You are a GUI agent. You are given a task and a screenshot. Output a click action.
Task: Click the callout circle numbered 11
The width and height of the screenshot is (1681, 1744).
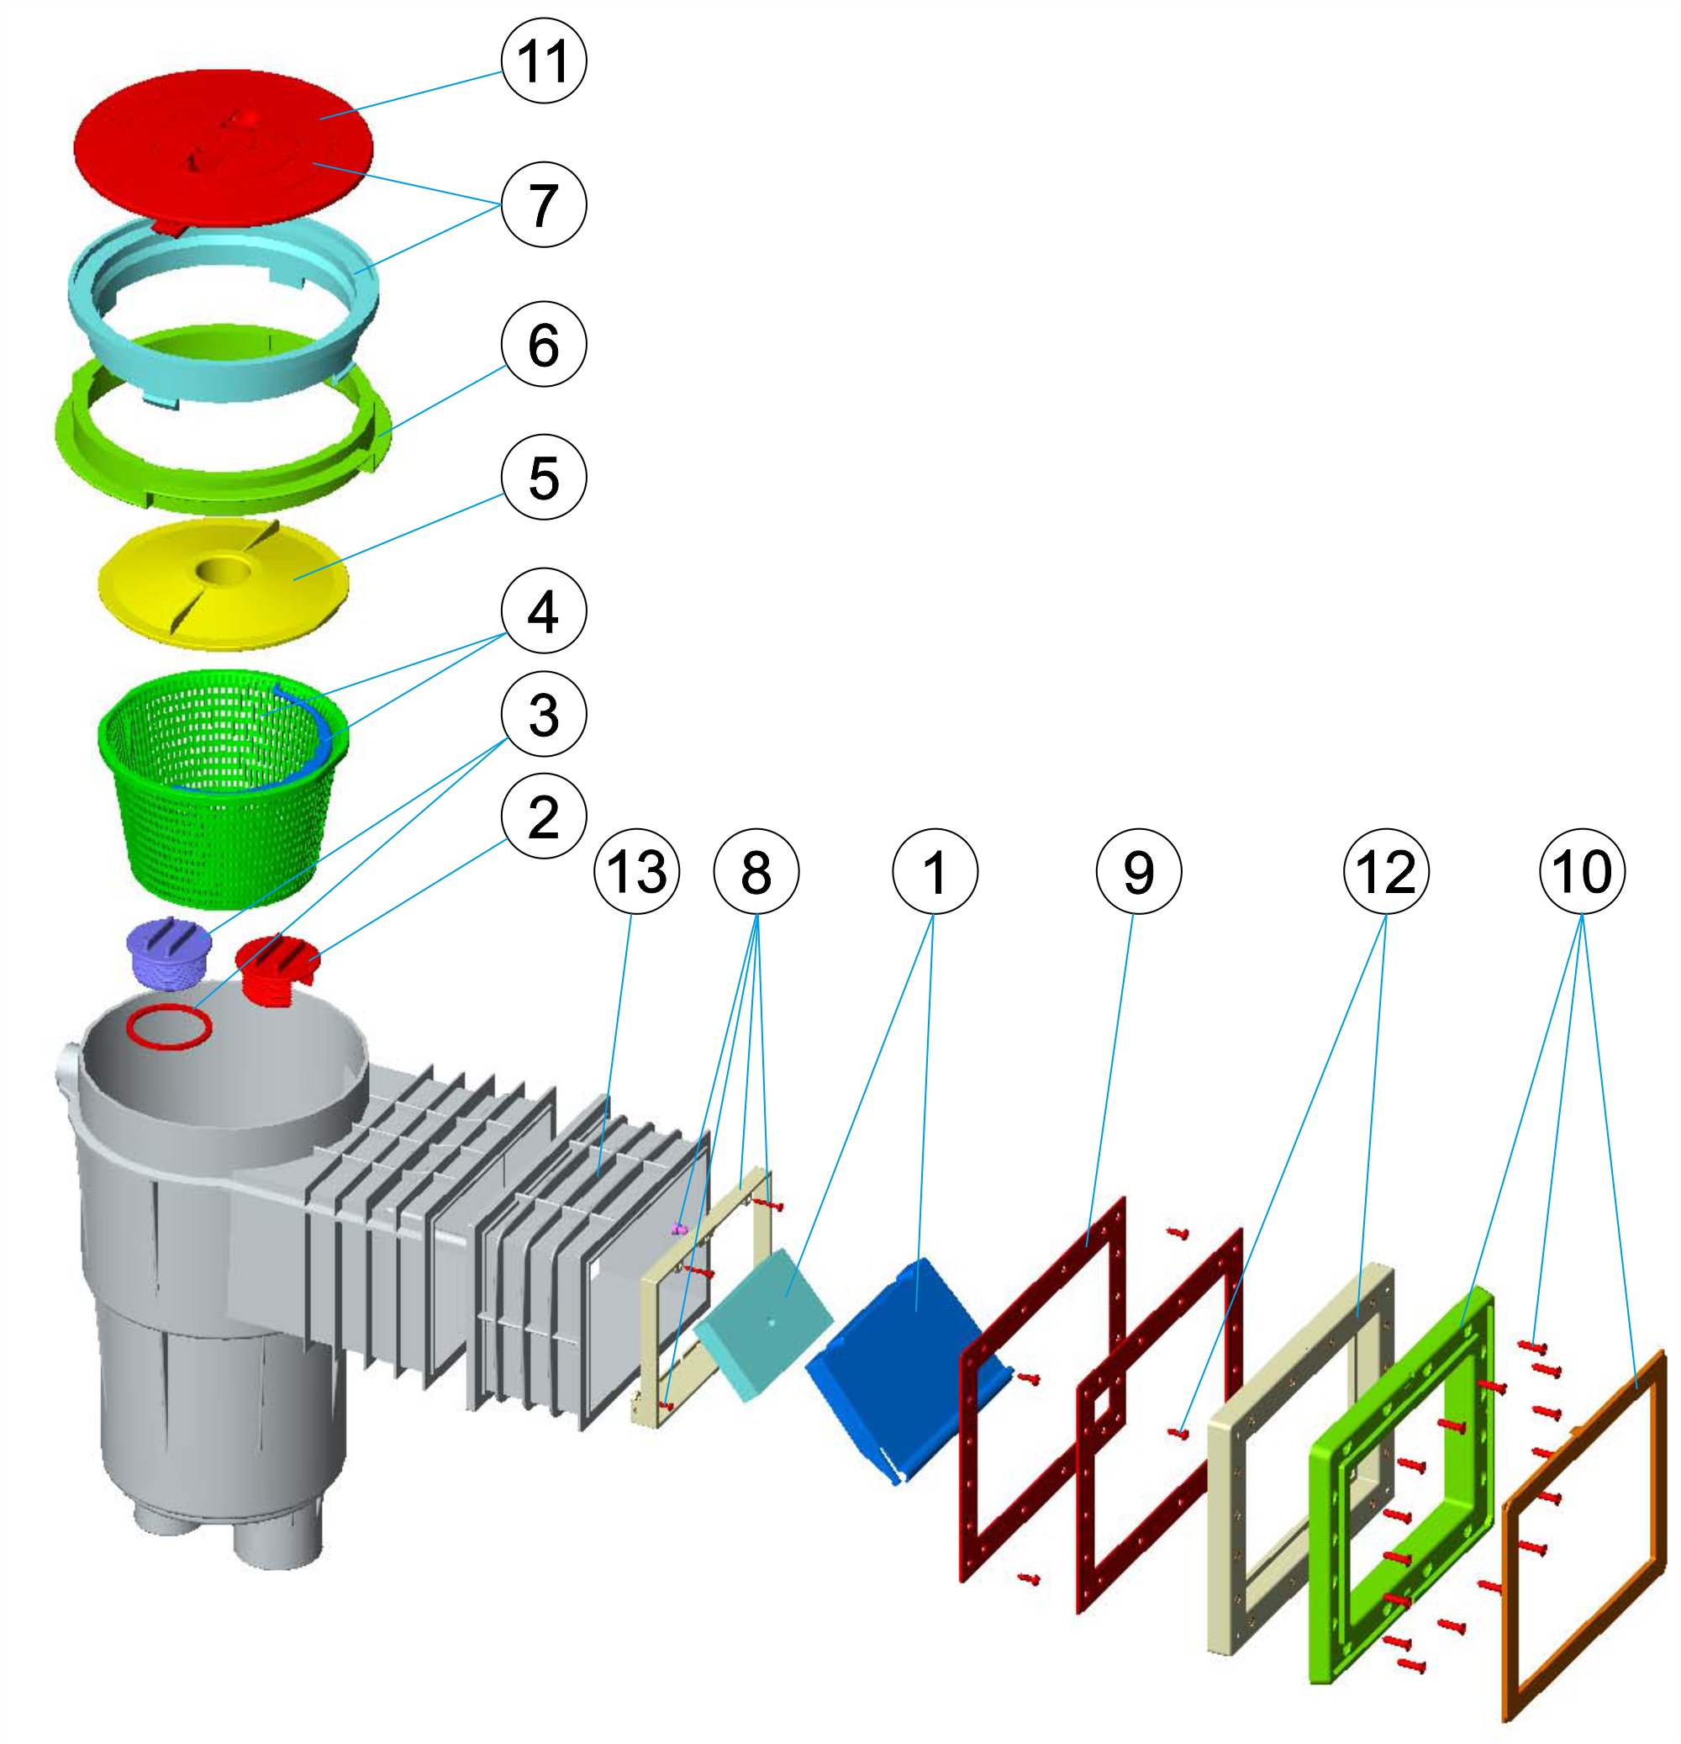[x=544, y=61]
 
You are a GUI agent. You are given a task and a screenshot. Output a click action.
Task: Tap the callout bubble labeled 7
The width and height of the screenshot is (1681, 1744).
[x=544, y=204]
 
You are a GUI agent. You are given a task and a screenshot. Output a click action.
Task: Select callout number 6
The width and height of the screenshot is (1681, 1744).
[x=544, y=345]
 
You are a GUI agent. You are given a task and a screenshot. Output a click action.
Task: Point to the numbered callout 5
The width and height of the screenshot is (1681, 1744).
[x=544, y=478]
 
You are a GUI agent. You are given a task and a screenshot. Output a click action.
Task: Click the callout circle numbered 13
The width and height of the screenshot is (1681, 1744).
[x=637, y=871]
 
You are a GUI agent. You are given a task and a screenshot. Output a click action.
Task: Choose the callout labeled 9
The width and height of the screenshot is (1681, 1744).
[x=1138, y=871]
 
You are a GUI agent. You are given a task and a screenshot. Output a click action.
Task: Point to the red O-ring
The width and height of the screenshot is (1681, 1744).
[x=169, y=1028]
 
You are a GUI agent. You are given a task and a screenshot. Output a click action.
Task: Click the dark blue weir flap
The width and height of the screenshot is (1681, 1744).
[x=898, y=1371]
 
